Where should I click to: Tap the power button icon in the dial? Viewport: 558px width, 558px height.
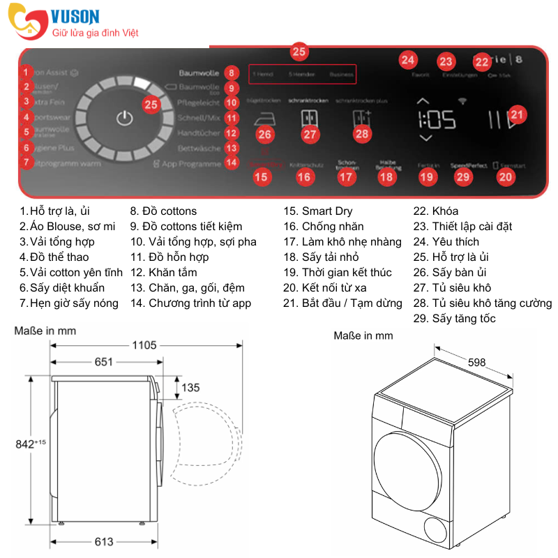coord(124,118)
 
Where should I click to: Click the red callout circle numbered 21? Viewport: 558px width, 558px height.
coord(517,114)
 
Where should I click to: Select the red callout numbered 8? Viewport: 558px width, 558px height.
coord(232,73)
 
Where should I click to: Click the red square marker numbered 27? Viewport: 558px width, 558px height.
coord(310,134)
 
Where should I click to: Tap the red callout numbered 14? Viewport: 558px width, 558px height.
coord(232,163)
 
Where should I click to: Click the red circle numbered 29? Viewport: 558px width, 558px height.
coord(463,177)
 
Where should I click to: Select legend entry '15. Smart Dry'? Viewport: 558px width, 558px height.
coord(317,211)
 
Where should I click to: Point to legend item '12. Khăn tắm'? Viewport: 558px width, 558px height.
coord(163,273)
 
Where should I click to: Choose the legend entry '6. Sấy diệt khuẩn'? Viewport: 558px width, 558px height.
coord(62,288)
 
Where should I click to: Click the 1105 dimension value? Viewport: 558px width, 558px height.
coord(142,345)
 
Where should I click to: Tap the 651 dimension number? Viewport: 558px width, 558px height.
coord(103,361)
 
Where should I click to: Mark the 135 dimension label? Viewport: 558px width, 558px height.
coord(190,388)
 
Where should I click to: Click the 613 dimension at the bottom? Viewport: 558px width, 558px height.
coord(103,541)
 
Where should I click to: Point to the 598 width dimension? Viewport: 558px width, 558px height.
coord(477,362)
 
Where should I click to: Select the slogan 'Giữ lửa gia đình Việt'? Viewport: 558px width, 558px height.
coord(96,33)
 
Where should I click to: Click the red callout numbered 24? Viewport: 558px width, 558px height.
coord(408,60)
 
